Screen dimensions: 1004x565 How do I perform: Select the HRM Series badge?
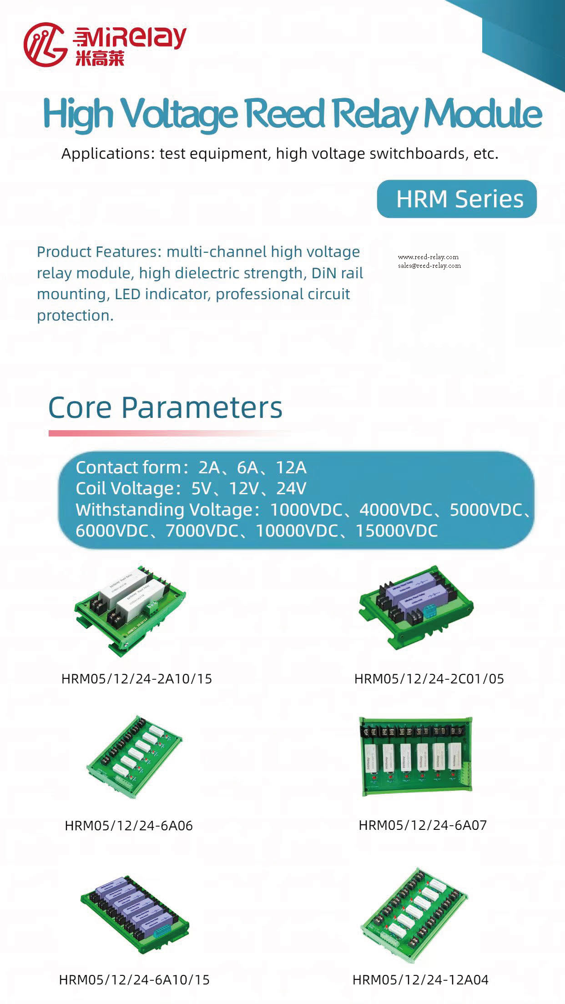[457, 199]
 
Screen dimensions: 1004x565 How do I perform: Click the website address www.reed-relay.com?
[428, 257]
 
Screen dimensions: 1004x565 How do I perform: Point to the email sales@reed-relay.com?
[429, 266]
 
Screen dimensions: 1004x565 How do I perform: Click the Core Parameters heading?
[165, 407]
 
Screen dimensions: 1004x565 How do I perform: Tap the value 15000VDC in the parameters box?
[397, 531]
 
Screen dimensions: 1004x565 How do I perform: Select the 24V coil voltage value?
[291, 488]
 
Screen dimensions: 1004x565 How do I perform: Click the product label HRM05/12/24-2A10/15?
[136, 679]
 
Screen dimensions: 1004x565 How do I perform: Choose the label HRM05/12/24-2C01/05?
[429, 679]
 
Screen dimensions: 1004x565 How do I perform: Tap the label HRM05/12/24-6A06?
[129, 826]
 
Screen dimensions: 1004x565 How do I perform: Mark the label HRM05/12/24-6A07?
[423, 825]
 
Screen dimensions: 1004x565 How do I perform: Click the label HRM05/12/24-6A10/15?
[134, 979]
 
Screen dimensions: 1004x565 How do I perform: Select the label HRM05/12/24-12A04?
[420, 979]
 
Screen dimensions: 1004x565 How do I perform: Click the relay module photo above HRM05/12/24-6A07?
[416, 757]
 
